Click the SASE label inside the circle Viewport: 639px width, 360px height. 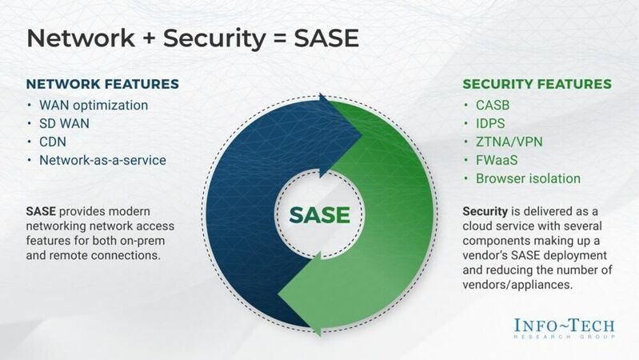tap(319, 215)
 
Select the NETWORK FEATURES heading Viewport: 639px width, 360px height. tap(102, 84)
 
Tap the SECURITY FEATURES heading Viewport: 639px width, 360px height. tap(537, 84)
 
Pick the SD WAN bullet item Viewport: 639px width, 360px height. tap(66, 124)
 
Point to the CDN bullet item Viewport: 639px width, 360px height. tap(54, 142)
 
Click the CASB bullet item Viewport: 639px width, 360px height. tap(493, 106)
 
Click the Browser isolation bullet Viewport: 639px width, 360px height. tap(529, 178)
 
